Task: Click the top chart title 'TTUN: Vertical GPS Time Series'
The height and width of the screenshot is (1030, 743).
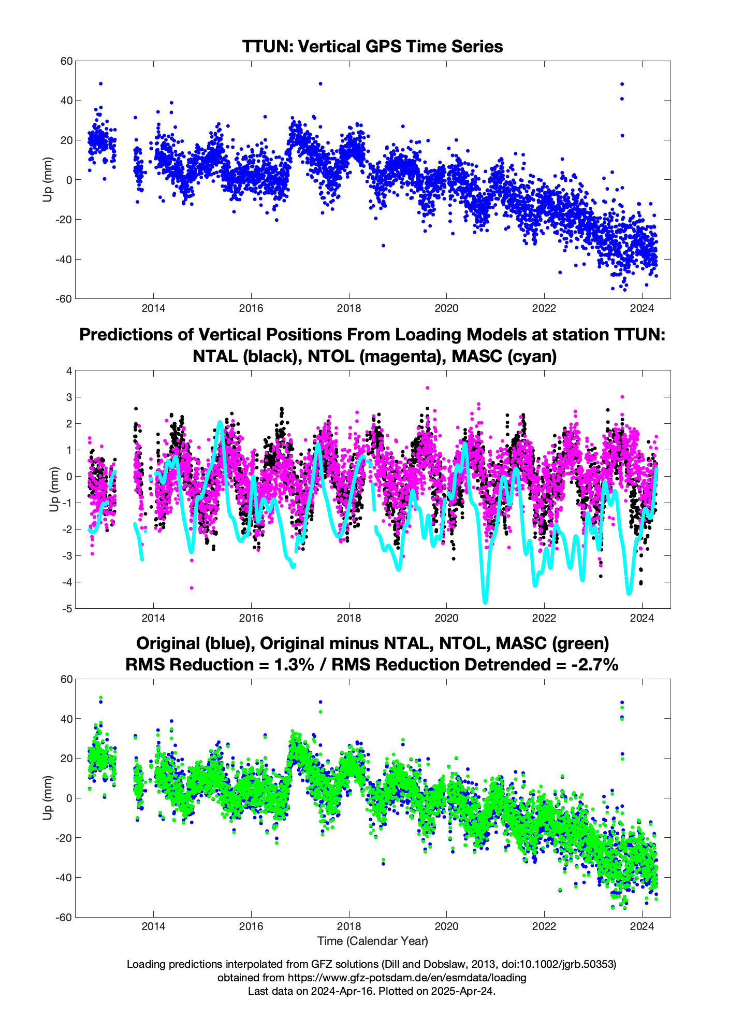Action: point(372,47)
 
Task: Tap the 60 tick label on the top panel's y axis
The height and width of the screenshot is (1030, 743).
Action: point(66,61)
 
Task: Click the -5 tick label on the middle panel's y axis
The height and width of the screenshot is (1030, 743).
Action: point(67,608)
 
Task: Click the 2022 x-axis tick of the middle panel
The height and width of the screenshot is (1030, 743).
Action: point(544,618)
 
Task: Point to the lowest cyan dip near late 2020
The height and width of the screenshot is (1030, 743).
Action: point(485,602)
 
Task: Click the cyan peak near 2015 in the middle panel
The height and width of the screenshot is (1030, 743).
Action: point(220,423)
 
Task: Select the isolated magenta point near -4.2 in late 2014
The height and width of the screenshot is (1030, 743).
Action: point(192,588)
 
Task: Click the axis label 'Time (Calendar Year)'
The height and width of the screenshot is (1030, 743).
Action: point(372,940)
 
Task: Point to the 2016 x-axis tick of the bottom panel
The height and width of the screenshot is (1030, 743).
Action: point(251,926)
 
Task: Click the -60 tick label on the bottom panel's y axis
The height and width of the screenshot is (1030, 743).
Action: point(65,917)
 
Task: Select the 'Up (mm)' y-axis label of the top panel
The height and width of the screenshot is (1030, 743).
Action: point(48,179)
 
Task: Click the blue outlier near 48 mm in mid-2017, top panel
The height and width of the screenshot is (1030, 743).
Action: point(320,83)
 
